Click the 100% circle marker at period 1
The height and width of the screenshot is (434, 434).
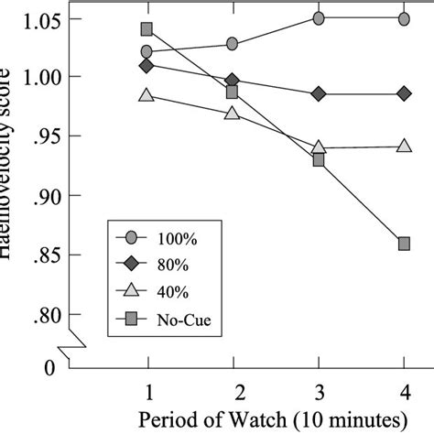[147, 52]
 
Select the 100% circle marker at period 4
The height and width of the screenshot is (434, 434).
[404, 18]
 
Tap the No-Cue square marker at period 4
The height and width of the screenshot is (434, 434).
[404, 243]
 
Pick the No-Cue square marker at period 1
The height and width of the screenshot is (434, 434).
[147, 29]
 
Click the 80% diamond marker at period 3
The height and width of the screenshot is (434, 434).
[319, 93]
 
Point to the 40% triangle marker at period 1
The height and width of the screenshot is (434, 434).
[147, 94]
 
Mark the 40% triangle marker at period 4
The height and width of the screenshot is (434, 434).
[404, 145]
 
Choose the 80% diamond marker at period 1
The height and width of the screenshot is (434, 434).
[147, 66]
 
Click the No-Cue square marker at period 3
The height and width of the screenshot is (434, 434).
[319, 159]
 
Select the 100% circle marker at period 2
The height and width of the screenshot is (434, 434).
[233, 43]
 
